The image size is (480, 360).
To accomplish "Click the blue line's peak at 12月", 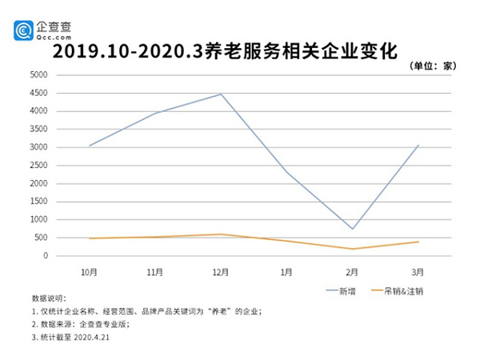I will tap(221, 94).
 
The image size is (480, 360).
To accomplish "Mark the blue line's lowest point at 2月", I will tap(352, 229).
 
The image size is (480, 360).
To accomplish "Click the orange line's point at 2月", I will tap(352, 249).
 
